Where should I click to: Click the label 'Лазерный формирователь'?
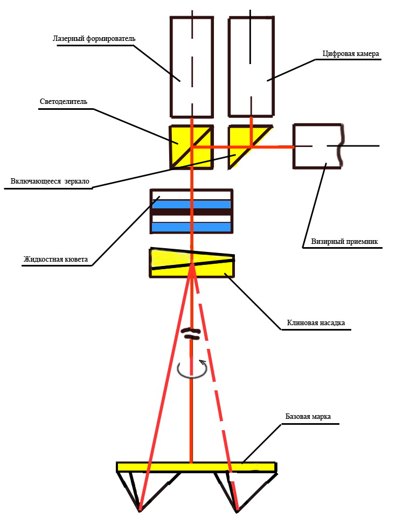pyautogui.click(x=94, y=39)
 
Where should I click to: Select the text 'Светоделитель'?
pyautogui.click(x=64, y=101)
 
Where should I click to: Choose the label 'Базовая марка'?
pyautogui.click(x=308, y=417)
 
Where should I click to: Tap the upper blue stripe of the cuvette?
pyautogui.click(x=191, y=205)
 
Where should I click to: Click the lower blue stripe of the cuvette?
pyautogui.click(x=191, y=227)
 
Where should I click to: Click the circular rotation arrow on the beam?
pyautogui.click(x=192, y=369)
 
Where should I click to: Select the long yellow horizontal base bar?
pyautogui.click(x=197, y=467)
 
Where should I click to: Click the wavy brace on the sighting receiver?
pyautogui.click(x=339, y=146)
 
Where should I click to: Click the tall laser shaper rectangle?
pyautogui.click(x=191, y=67)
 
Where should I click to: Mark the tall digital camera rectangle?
pyautogui.click(x=251, y=67)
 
